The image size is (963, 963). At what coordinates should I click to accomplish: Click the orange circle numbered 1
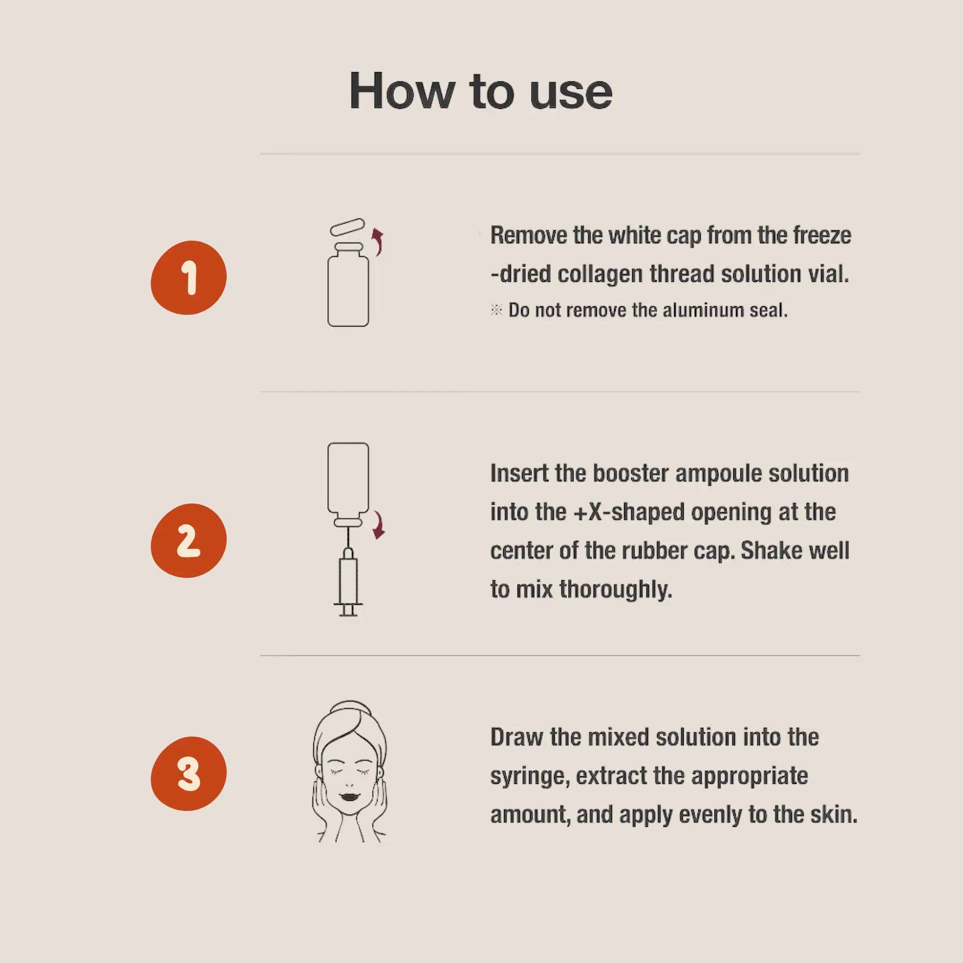tap(188, 278)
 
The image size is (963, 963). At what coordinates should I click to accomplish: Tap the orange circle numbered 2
tap(188, 541)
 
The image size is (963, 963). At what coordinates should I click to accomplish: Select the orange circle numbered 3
tap(188, 774)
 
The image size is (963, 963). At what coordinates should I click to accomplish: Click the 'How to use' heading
tap(481, 91)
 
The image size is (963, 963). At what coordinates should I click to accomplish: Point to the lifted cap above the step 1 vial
tap(348, 227)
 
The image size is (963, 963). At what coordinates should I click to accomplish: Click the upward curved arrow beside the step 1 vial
tap(378, 242)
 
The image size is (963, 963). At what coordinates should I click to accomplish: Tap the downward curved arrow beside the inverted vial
tap(379, 525)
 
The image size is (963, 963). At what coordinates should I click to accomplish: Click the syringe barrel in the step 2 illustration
tap(349, 581)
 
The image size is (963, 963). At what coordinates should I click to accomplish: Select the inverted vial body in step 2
tap(349, 478)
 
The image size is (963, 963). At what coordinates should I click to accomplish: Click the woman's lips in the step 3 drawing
tap(350, 795)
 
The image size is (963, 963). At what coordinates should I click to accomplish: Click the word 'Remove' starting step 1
tap(528, 235)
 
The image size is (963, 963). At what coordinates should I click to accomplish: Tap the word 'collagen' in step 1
tap(600, 274)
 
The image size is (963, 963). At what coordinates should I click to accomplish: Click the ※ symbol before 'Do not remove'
tap(496, 310)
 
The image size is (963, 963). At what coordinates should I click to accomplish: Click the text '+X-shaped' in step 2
tap(629, 512)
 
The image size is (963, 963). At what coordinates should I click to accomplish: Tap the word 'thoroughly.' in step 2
tap(615, 589)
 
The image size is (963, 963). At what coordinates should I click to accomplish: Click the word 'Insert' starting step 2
tap(520, 473)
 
